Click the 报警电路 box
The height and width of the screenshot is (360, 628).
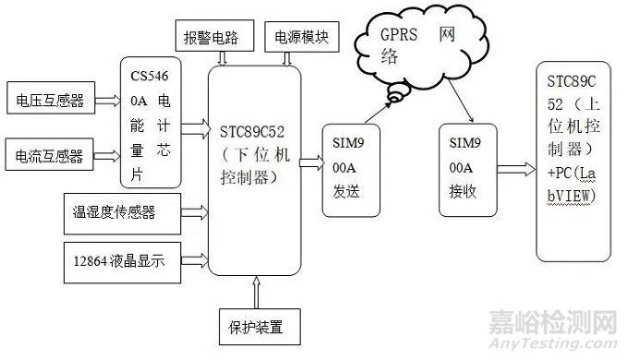[x=212, y=39]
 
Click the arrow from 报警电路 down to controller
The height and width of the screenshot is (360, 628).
[x=222, y=59]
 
